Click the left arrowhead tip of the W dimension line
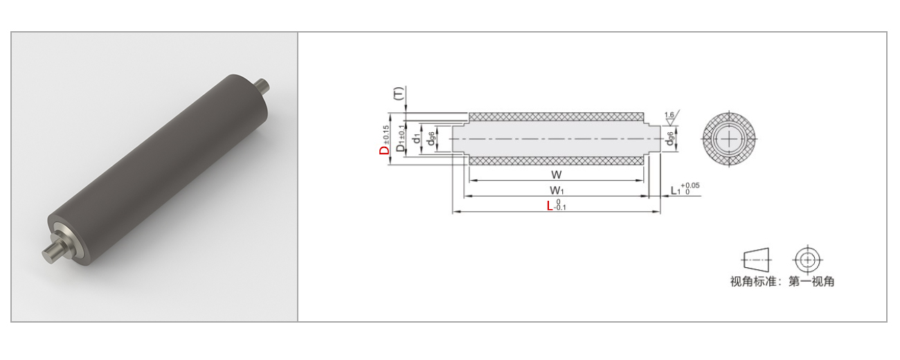(x=469, y=181)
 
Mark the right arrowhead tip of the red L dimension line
(x=660, y=211)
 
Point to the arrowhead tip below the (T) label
(x=406, y=112)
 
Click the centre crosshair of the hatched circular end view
(x=729, y=139)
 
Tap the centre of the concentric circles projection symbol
(x=807, y=260)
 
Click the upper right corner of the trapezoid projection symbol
(x=768, y=249)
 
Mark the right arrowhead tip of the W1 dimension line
(x=649, y=196)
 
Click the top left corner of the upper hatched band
(x=469, y=113)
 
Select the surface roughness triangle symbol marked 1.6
(x=672, y=116)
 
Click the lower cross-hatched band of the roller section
(x=557, y=161)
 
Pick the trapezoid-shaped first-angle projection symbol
(x=756, y=260)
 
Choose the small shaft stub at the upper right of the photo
(x=262, y=86)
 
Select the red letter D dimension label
(x=384, y=150)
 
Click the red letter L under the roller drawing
(x=550, y=206)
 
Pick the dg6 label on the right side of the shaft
(x=669, y=139)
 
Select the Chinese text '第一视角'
(x=811, y=282)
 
